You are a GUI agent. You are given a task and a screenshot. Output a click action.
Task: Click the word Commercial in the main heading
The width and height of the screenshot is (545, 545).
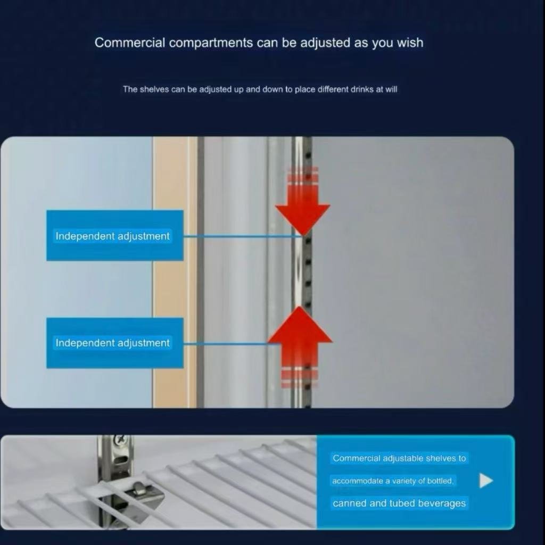(x=130, y=43)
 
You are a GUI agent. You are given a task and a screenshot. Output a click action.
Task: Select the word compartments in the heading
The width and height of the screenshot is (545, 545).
(x=211, y=43)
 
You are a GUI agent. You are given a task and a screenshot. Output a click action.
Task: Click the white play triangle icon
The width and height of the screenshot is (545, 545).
(x=485, y=481)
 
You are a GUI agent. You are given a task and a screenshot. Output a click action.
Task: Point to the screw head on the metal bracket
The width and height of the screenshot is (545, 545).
(x=120, y=440)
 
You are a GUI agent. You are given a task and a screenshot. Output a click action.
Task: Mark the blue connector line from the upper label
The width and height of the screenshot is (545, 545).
(x=242, y=236)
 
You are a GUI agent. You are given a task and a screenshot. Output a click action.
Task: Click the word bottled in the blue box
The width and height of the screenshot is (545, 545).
(x=440, y=481)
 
